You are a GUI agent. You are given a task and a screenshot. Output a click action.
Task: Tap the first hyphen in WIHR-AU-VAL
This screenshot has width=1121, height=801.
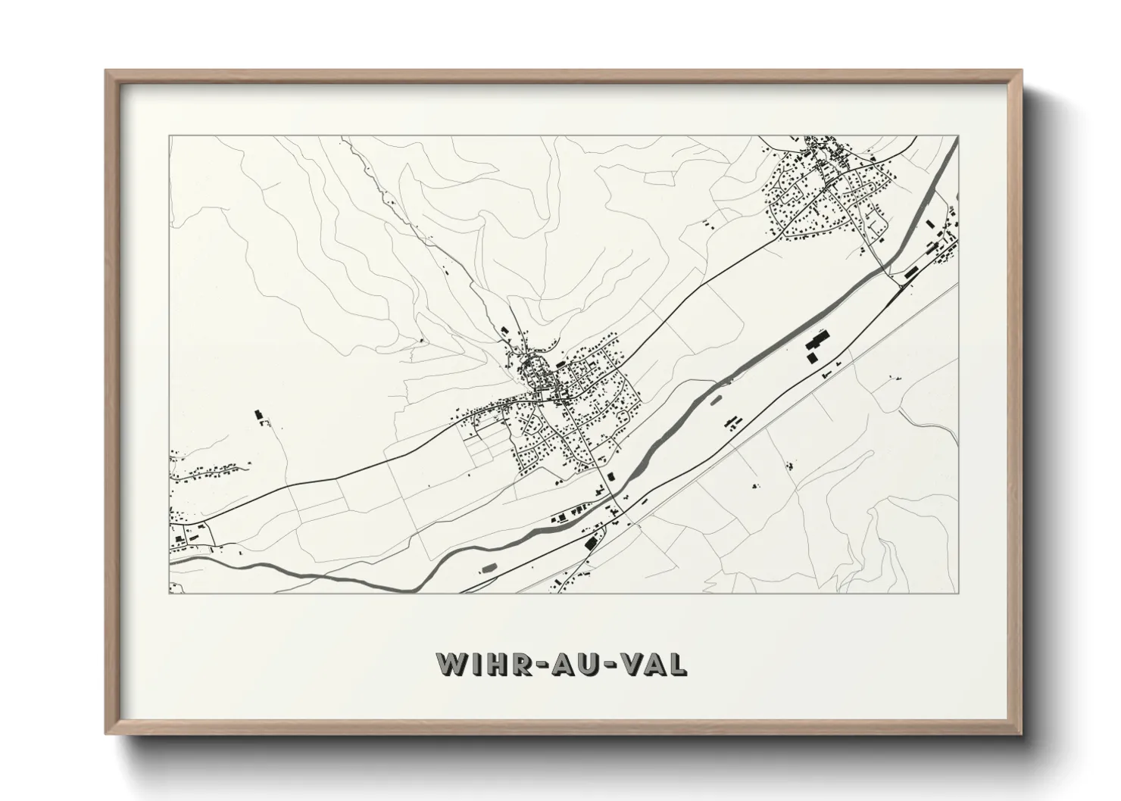point(540,664)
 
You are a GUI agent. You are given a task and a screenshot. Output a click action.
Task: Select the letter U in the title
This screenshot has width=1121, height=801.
point(590,663)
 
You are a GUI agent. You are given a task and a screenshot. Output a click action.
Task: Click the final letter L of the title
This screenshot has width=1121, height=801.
point(679,663)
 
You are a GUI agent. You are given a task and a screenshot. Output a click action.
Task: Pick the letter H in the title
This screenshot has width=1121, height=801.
point(495,663)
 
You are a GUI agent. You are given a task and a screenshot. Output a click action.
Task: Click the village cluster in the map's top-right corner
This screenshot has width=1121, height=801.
point(829,189)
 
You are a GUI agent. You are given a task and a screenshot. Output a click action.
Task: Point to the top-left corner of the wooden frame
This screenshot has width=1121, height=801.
point(107,71)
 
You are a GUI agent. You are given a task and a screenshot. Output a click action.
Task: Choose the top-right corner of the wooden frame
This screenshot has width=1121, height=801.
point(1020,71)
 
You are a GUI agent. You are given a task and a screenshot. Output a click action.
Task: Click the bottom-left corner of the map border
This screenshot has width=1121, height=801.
point(170,593)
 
